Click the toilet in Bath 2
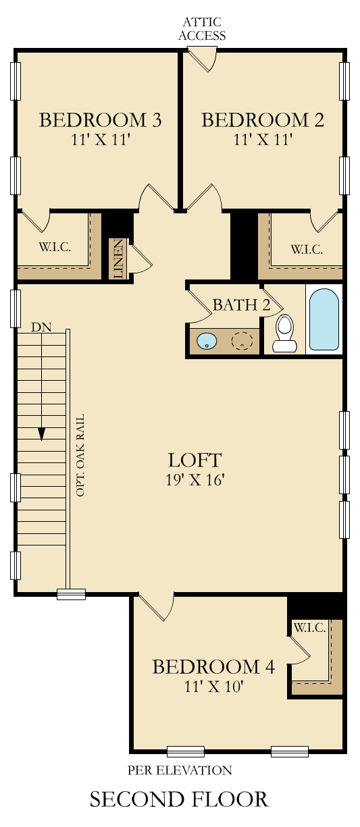[x=284, y=334]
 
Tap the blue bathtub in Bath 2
[x=324, y=319]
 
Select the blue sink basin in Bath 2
[x=207, y=340]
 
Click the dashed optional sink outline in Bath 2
[x=242, y=340]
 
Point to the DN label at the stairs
[x=41, y=327]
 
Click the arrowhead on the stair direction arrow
[x=42, y=434]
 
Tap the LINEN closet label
[x=118, y=259]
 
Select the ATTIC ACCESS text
[x=202, y=28]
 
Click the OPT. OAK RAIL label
[x=80, y=455]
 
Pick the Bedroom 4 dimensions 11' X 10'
[x=214, y=687]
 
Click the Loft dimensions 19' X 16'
[x=195, y=479]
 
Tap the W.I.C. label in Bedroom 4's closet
[x=310, y=627]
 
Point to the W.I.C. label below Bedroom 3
[x=55, y=246]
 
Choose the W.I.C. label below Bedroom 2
[x=307, y=250]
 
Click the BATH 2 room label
[x=242, y=304]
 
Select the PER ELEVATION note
[x=180, y=770]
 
